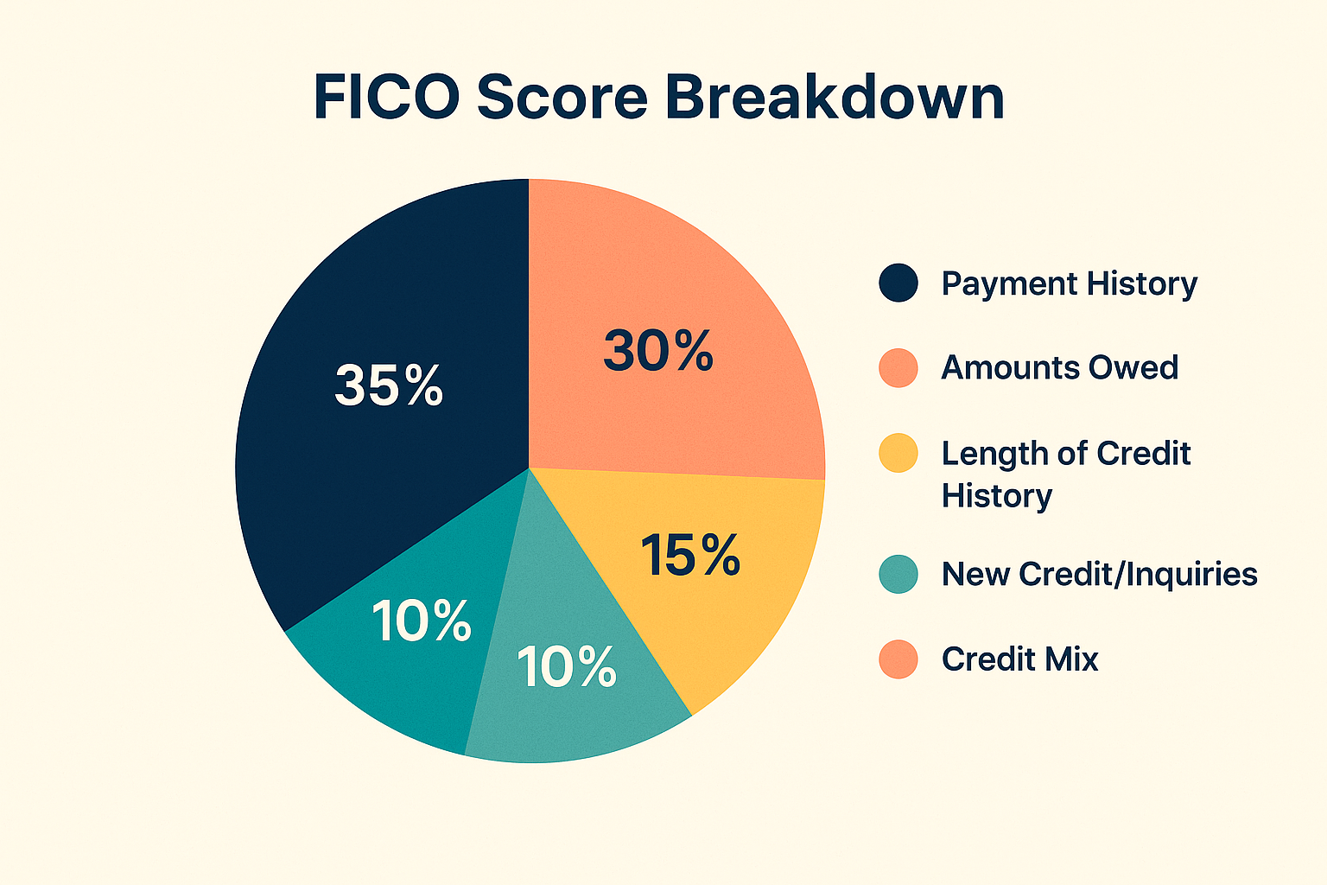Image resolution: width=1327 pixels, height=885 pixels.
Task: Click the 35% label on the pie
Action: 389,385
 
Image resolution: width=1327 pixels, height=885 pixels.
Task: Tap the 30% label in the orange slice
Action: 658,351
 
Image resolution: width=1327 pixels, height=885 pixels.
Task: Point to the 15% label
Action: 690,555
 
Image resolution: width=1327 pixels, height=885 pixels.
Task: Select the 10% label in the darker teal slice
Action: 422,621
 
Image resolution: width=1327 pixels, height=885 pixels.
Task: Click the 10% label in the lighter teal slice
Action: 567,667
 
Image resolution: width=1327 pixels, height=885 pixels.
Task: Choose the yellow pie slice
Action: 734,605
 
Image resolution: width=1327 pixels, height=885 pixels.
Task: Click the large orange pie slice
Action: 691,285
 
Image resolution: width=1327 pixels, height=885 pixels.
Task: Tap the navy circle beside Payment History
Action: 898,283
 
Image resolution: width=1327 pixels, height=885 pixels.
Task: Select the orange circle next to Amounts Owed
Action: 898,368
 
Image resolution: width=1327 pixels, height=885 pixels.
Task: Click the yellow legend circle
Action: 898,454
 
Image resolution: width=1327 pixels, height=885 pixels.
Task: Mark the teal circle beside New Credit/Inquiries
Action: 898,574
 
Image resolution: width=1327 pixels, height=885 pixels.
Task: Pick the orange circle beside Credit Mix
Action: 898,659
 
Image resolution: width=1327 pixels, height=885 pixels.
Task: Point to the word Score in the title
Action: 562,97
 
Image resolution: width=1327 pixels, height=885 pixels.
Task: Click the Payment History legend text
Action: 1070,283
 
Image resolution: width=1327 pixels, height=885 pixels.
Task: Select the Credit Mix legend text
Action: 1020,659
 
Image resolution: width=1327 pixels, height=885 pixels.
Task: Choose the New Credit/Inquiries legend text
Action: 1099,574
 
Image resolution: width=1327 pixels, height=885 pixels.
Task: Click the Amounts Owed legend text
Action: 1060,368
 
